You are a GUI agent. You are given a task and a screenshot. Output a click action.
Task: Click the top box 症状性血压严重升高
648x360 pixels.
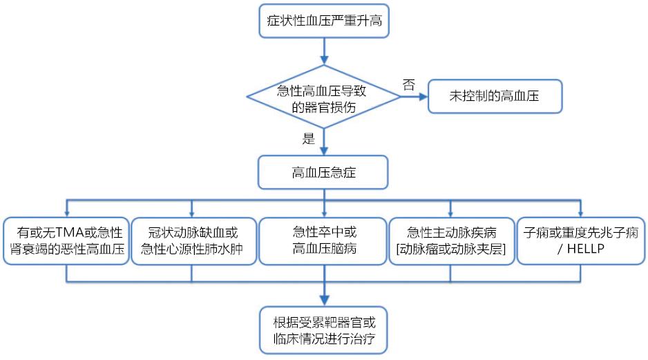(x=324, y=21)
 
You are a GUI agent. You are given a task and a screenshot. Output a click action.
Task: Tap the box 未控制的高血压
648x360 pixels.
(x=495, y=97)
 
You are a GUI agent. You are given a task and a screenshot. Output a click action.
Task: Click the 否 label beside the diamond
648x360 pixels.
(x=409, y=85)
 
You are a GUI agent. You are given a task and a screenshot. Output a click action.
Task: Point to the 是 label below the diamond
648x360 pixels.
(x=308, y=138)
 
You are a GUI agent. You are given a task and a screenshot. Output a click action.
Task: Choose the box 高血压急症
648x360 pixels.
(x=324, y=172)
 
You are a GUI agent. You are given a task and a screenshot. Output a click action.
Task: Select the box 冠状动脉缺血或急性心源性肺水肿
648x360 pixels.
(x=192, y=240)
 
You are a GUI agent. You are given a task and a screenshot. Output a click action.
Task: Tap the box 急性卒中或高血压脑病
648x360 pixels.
(x=324, y=240)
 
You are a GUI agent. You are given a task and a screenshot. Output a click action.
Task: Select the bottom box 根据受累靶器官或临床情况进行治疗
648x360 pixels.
(x=324, y=330)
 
